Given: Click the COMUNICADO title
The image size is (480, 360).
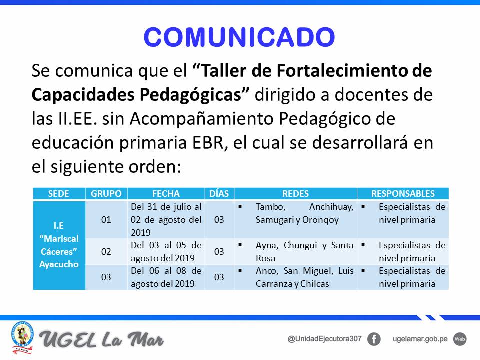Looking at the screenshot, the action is (x=239, y=37).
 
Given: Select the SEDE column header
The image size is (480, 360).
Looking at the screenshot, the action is (x=59, y=194).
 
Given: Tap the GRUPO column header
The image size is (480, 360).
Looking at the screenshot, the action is (x=106, y=194).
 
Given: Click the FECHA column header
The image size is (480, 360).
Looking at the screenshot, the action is (x=166, y=194).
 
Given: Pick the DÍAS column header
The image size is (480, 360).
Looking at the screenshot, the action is (x=219, y=194).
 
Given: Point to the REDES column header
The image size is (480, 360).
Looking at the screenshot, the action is (x=295, y=194).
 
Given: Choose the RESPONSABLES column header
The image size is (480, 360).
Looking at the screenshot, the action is (x=403, y=194).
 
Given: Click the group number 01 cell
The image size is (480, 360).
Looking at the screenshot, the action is (x=106, y=220).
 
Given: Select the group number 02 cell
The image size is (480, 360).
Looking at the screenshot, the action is (x=106, y=251).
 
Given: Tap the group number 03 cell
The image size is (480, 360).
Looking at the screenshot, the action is (x=106, y=277).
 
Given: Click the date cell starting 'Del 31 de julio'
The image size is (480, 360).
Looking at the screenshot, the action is (x=166, y=220).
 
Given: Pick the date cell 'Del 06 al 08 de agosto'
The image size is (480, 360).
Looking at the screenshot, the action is (x=166, y=277).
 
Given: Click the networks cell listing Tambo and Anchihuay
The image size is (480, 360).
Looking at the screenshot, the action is (x=295, y=220).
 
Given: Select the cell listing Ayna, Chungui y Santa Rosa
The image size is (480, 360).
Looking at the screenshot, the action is (x=295, y=251).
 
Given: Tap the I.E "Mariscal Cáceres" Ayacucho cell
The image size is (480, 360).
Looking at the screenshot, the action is (x=59, y=245).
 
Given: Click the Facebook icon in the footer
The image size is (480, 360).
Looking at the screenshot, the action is (x=374, y=339).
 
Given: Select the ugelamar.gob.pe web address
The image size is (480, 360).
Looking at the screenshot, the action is (x=420, y=339).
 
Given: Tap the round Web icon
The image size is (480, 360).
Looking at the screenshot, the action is (x=460, y=339).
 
